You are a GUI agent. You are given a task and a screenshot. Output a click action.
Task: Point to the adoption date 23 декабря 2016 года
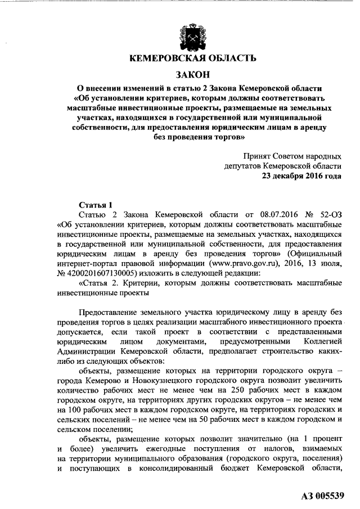tap(301, 175)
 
